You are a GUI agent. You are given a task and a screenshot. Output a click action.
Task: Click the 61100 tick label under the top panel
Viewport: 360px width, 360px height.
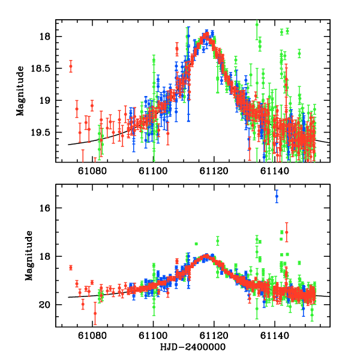pyautogui.click(x=154, y=172)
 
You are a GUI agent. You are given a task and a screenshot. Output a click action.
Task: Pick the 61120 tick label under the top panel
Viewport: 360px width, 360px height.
pyautogui.click(x=214, y=172)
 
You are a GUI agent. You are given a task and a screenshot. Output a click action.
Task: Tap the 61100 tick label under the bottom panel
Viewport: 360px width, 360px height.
pyautogui.click(x=154, y=337)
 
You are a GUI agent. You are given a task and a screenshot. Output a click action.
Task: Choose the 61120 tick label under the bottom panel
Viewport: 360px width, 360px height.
pyautogui.click(x=214, y=337)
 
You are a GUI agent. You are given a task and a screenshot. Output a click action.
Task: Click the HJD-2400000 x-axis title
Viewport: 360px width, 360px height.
pyautogui.click(x=193, y=348)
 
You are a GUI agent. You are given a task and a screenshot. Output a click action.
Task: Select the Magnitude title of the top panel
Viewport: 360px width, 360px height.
pyautogui.click(x=20, y=91)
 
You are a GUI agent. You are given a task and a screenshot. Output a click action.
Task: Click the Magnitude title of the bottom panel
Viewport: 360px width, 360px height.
pyautogui.click(x=28, y=256)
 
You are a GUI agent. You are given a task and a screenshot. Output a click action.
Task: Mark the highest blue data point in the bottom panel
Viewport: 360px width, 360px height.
pyautogui.click(x=277, y=196)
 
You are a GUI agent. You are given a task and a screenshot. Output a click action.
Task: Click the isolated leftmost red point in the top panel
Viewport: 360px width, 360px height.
pyautogui.click(x=71, y=67)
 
